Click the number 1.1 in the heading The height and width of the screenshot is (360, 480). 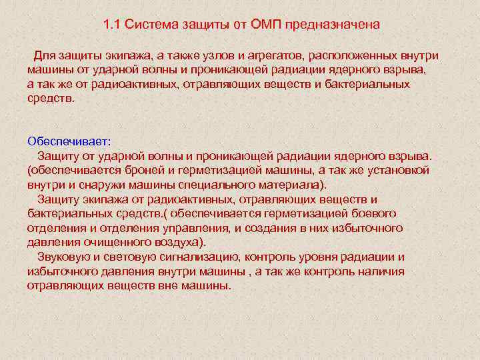pos(112,25)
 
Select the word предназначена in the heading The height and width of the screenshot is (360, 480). pos(333,25)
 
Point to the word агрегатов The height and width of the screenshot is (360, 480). pos(265,55)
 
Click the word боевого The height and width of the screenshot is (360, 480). pos(373,213)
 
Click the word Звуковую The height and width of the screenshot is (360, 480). pos(63,257)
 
